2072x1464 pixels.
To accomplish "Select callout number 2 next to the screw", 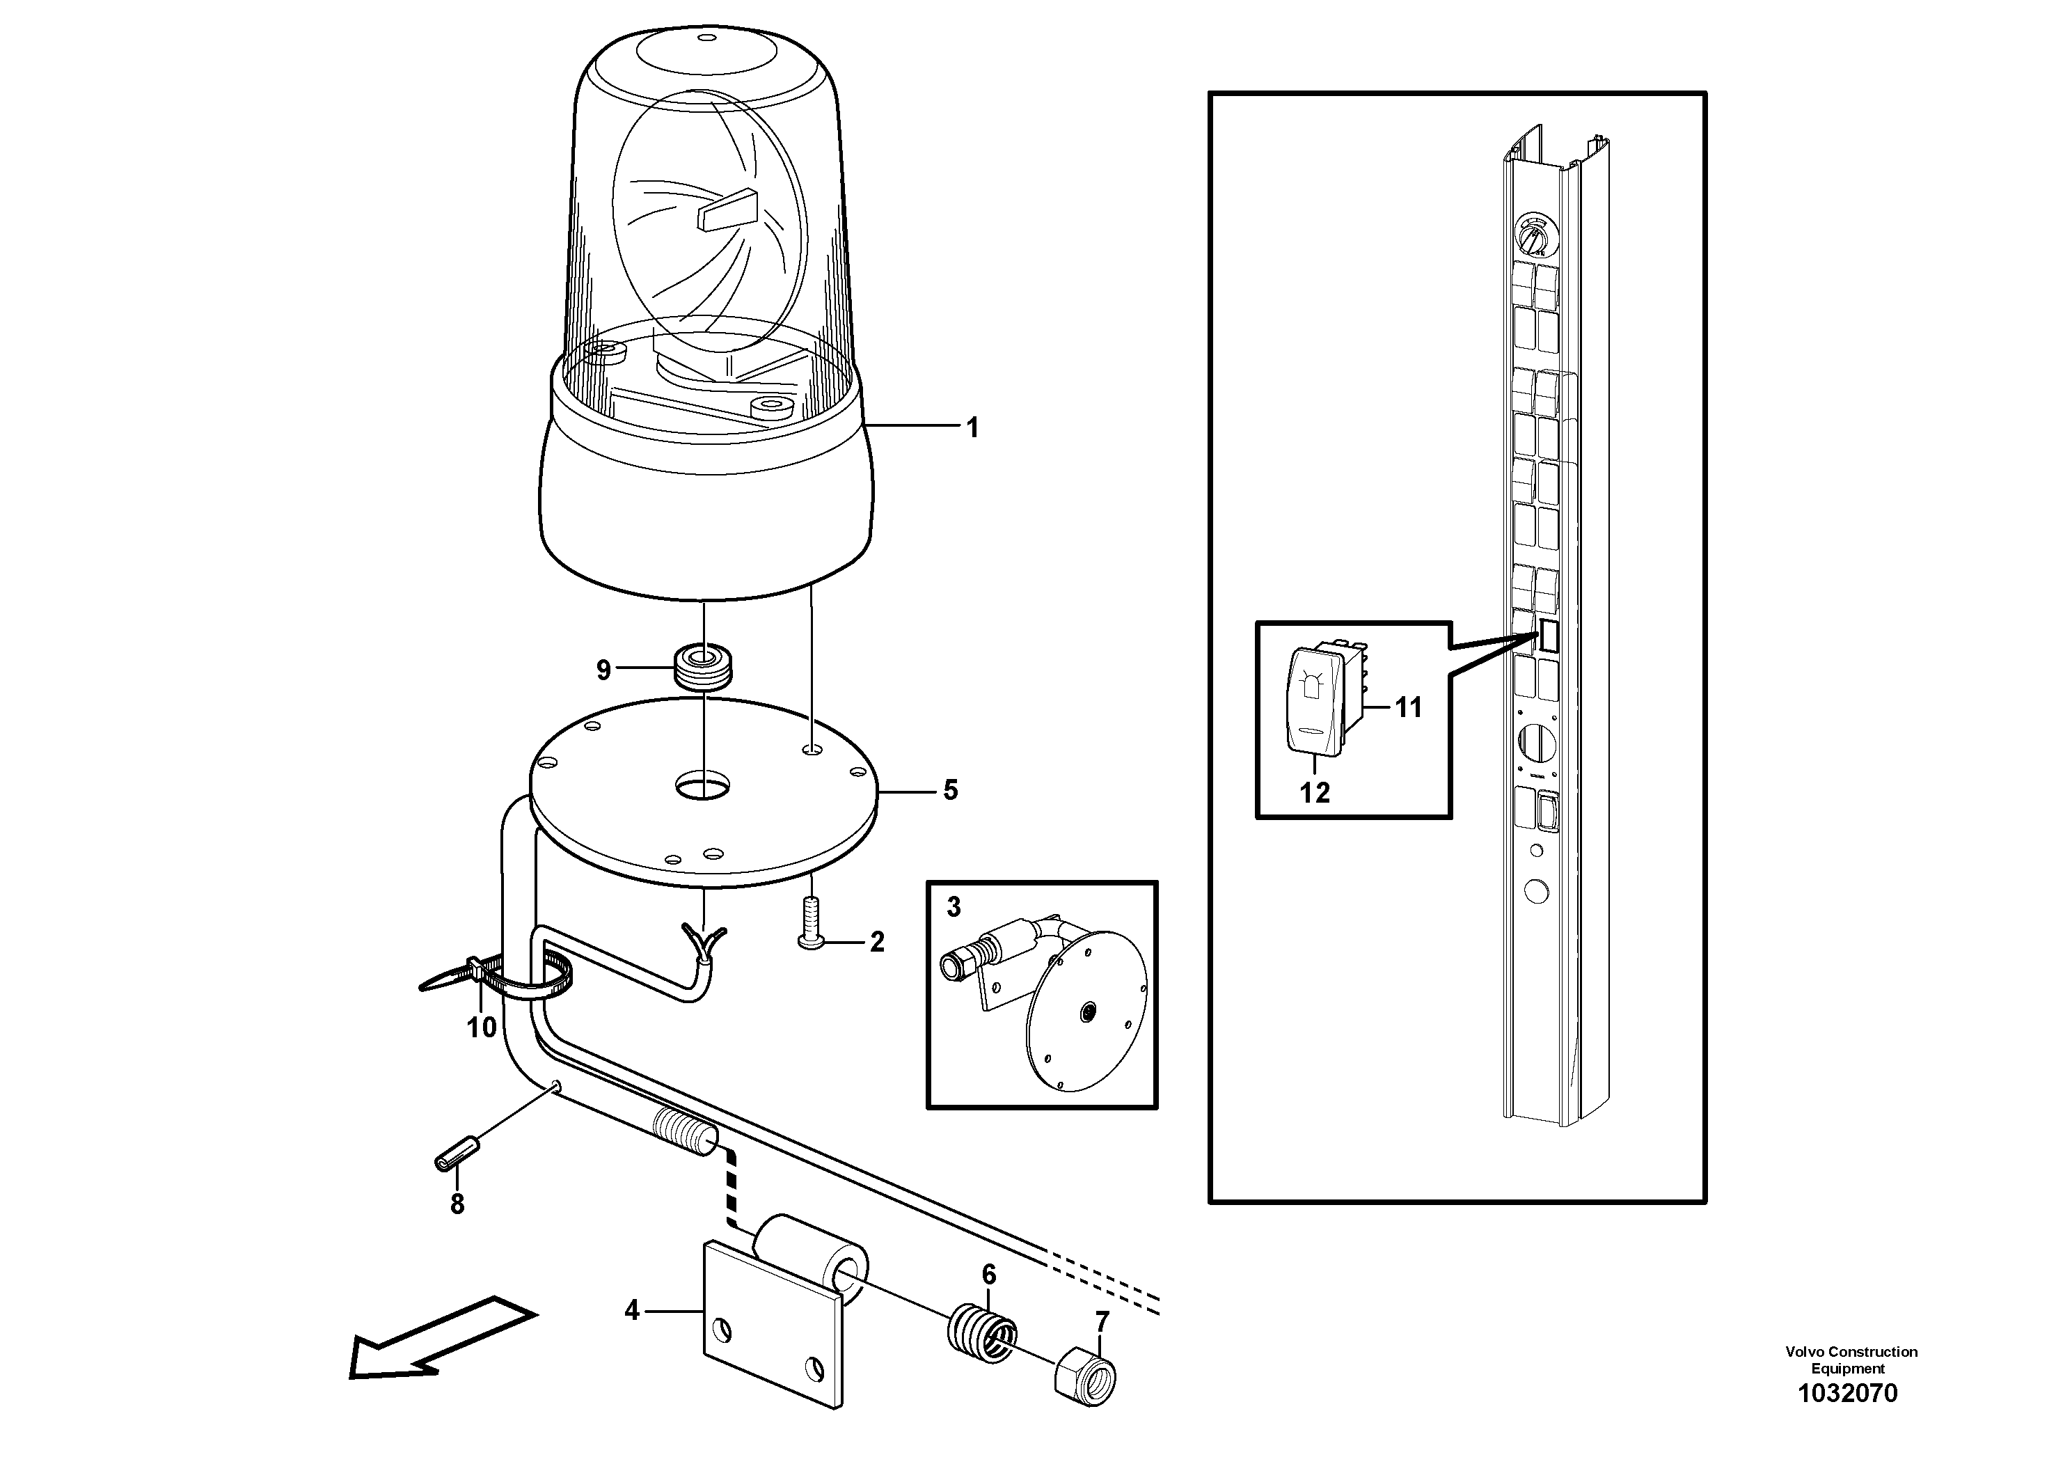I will click(876, 943).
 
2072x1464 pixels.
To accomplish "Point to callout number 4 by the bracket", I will click(632, 1309).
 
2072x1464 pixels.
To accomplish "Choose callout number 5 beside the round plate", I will click(950, 791).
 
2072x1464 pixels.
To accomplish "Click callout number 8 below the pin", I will click(457, 1204).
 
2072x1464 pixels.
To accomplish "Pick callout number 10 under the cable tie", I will click(482, 1027).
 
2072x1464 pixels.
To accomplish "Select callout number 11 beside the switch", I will click(1408, 707).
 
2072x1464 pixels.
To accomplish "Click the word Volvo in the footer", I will click(1803, 1352).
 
